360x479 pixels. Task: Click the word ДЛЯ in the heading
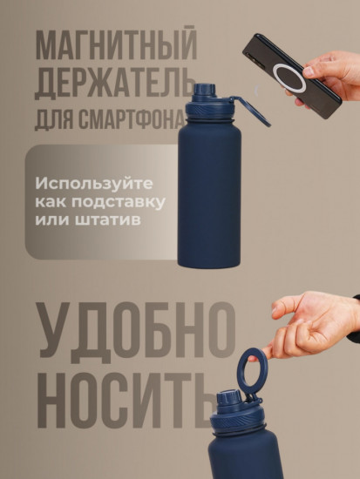[56, 118]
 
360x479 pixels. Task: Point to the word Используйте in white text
[84, 184]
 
